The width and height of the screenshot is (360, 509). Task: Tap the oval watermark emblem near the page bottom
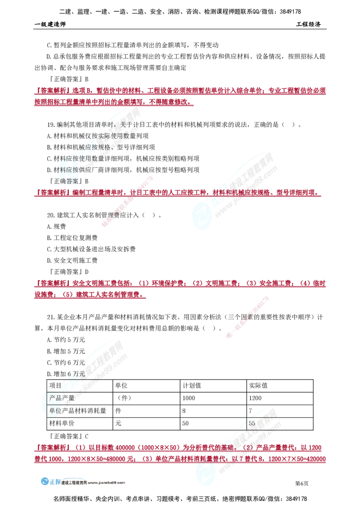point(206,472)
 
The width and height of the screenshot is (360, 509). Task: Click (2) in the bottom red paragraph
point(248,448)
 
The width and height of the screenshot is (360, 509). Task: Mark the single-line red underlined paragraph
point(178,193)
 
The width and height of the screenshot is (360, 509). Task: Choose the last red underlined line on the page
point(180,460)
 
